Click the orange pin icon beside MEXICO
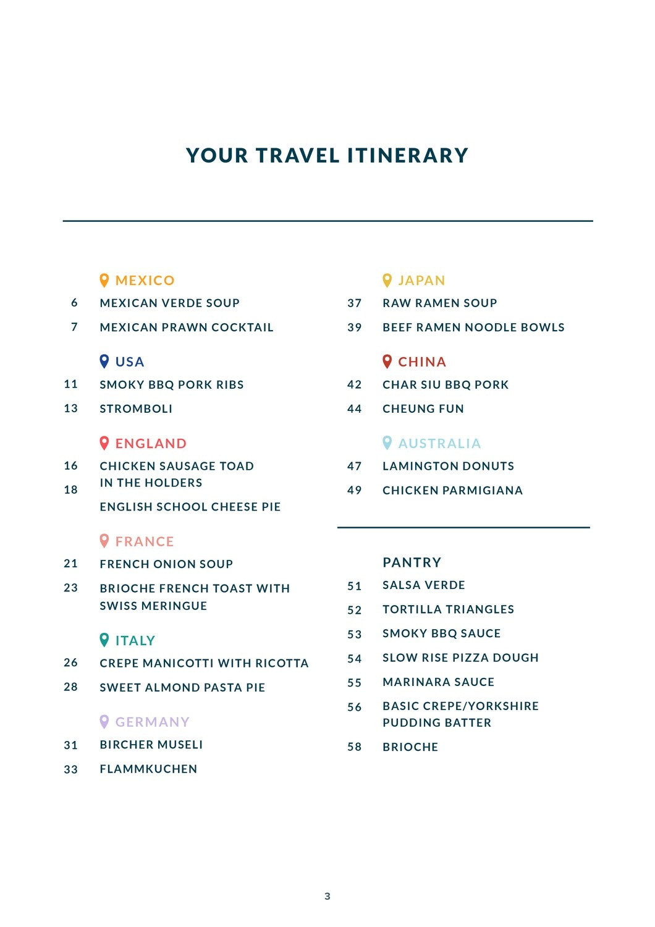point(104,281)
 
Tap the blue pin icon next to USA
point(104,362)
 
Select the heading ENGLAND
point(151,444)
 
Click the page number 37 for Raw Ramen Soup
point(355,303)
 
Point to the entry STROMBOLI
point(136,409)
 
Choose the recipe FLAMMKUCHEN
point(148,769)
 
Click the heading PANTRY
point(412,562)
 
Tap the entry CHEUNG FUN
point(423,409)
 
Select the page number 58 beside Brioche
point(355,747)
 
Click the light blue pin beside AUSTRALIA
point(387,442)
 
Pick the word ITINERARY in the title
point(408,155)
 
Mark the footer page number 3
point(327,896)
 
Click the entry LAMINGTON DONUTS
point(448,467)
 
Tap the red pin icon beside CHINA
point(387,361)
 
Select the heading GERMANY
point(152,722)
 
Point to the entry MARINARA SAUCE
point(438,682)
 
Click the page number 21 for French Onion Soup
point(71,564)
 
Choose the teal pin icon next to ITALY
point(104,640)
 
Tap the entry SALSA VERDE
point(424,585)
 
